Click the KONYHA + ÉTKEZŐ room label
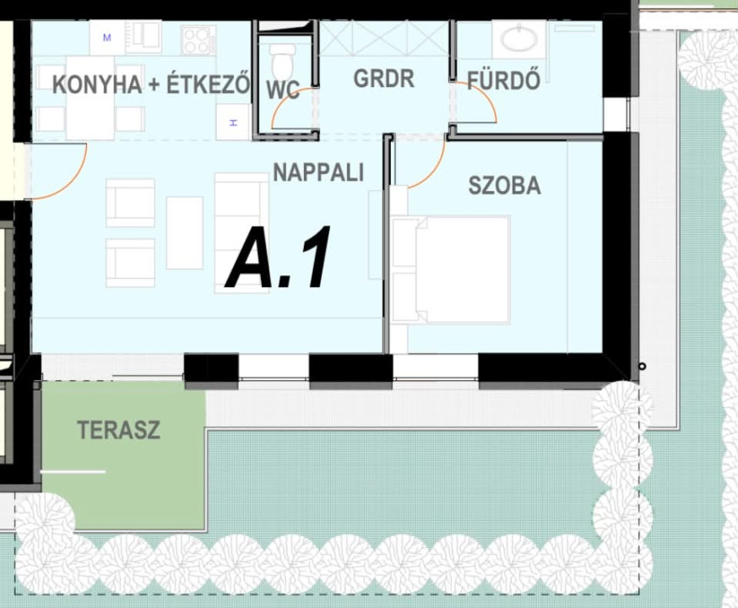[x=151, y=84]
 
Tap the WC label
[x=283, y=90]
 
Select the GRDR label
[x=384, y=79]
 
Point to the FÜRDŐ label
[x=503, y=80]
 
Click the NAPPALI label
[x=318, y=172]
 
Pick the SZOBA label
[x=505, y=186]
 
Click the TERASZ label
[x=118, y=430]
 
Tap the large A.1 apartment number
[x=278, y=257]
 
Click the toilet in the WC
[x=282, y=63]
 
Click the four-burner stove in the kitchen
[x=198, y=40]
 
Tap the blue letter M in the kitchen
[x=107, y=37]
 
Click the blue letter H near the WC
[x=233, y=122]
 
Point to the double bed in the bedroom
[x=451, y=269]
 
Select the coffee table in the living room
[x=184, y=233]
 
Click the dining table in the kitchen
[x=90, y=98]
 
